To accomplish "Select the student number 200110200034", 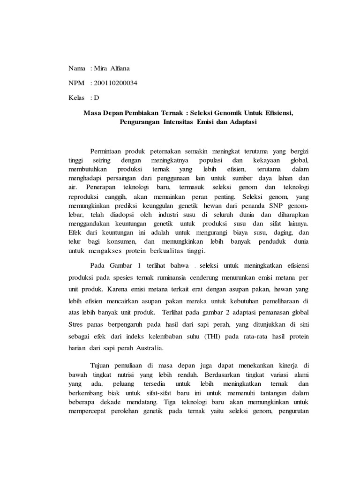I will click(x=116, y=83).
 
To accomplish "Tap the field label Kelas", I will click(x=77, y=98).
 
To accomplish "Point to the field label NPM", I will click(x=77, y=83).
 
